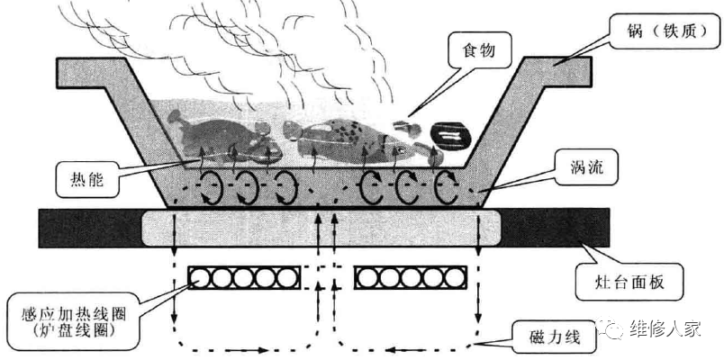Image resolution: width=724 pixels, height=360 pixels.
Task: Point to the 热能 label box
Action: coord(86,177)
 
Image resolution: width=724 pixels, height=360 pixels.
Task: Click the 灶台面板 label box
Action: coord(629,282)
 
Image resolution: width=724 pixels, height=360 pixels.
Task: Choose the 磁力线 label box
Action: coord(553,338)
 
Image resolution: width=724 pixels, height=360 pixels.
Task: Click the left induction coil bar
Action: coord(244,278)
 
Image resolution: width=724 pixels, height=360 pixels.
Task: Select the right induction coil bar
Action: coord(411,278)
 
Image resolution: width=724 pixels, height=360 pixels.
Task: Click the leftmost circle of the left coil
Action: coord(201,278)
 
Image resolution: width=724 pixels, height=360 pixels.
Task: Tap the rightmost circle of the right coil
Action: coord(455,278)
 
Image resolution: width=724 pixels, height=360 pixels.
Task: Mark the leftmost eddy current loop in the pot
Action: coord(212,187)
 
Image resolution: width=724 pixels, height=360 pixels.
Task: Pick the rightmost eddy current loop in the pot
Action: coord(447,187)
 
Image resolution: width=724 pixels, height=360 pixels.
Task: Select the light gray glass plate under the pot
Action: coord(321,227)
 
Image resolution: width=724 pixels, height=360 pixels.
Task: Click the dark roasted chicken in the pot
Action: coord(222,139)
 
